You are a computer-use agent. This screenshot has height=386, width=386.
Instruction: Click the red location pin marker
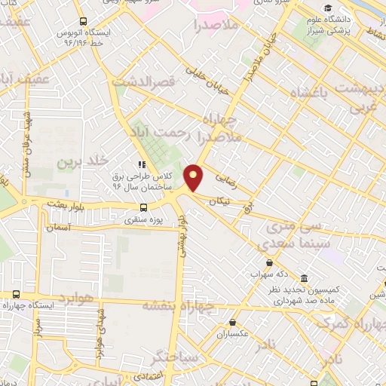[195, 177]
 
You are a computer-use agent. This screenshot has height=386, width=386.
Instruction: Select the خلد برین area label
[79, 161]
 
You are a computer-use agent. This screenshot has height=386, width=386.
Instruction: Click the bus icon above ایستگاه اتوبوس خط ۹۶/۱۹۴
[81, 22]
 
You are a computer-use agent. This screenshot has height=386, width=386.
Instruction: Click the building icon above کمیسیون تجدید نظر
[303, 278]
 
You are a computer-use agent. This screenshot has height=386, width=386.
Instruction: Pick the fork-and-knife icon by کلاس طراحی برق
[139, 163]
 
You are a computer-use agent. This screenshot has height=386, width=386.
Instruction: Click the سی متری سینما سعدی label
[290, 235]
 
